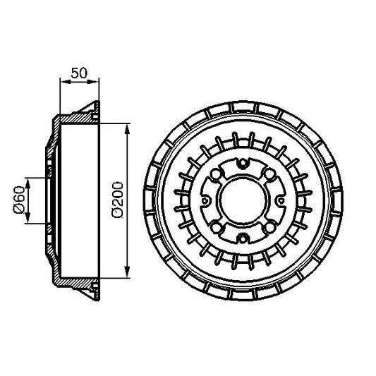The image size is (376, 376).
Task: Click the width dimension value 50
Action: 78,72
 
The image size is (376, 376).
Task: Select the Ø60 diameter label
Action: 19,200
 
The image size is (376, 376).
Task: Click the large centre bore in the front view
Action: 241,200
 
